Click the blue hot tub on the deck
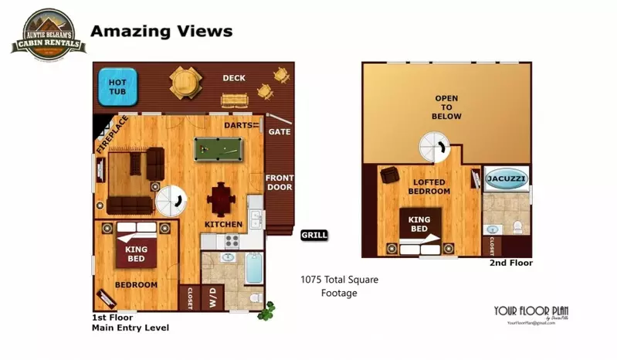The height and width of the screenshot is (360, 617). [118, 87]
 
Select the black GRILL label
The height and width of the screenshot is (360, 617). [314, 235]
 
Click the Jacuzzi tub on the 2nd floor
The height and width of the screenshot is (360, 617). [507, 179]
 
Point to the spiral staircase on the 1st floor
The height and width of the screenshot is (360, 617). [171, 202]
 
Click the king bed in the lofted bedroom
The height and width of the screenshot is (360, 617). [420, 225]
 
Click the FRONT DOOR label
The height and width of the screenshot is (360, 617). [279, 182]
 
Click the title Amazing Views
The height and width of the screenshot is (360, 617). [161, 32]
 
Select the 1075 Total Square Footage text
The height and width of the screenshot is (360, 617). [339, 286]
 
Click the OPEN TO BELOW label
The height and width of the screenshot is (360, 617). [447, 107]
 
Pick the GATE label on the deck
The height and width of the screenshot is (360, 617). [279, 131]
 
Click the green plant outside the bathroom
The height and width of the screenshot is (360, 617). [267, 311]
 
